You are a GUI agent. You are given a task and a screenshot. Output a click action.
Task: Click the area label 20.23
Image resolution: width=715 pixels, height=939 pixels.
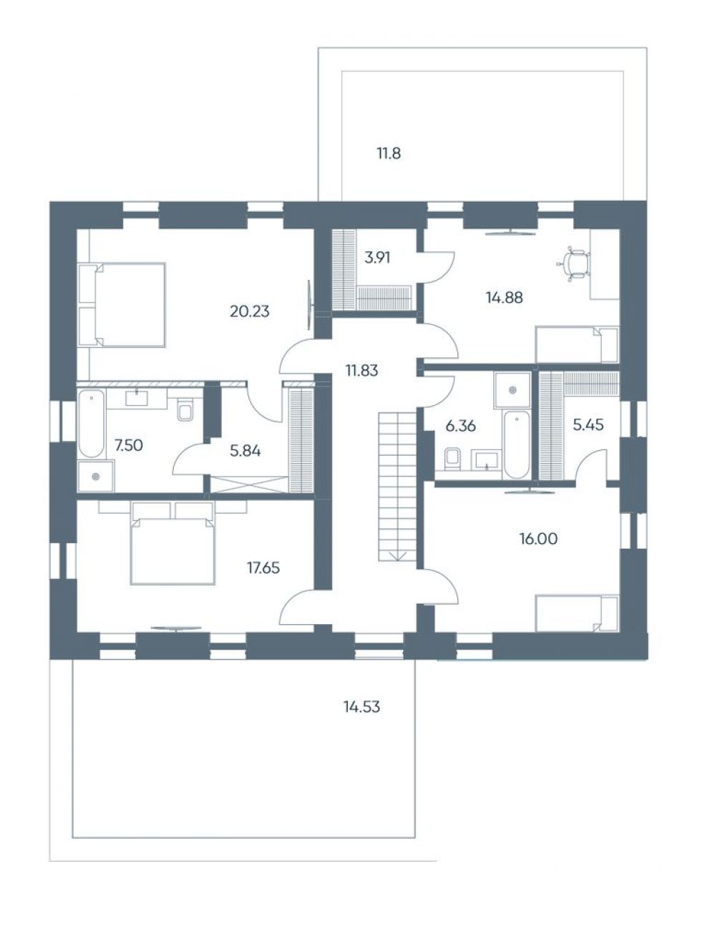[249, 311]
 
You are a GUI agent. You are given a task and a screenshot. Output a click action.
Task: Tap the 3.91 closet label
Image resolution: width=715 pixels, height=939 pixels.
[376, 258]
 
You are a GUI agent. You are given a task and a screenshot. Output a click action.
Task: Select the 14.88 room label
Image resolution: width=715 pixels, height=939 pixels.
[504, 297]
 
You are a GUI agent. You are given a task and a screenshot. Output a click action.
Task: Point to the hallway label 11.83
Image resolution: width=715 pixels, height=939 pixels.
[361, 370]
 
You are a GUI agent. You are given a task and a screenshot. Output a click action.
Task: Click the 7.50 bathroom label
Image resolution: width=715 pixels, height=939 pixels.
[128, 445]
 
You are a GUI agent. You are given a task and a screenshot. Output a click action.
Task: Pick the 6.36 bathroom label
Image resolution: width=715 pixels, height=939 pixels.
[460, 426]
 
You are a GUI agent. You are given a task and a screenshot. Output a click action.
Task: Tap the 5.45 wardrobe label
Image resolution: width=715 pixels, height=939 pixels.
[588, 424]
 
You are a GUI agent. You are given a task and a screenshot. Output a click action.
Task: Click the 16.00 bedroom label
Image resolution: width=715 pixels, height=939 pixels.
[538, 539]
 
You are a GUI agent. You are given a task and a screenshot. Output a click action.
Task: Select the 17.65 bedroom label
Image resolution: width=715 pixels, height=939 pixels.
[263, 568]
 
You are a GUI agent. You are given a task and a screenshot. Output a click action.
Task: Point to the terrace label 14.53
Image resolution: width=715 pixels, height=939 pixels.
[361, 706]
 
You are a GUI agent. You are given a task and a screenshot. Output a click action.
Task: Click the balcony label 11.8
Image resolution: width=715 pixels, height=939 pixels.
[389, 153]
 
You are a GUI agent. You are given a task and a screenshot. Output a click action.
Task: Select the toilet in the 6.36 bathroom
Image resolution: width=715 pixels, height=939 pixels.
[452, 458]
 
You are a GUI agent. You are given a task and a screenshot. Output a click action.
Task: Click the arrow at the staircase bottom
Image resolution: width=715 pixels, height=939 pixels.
[398, 555]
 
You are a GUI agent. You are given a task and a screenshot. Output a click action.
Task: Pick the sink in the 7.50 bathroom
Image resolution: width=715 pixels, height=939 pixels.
[137, 398]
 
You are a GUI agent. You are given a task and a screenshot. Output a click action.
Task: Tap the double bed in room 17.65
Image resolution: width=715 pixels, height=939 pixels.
[172, 543]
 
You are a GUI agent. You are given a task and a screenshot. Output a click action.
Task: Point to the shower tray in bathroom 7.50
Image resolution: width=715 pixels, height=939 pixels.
[96, 476]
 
